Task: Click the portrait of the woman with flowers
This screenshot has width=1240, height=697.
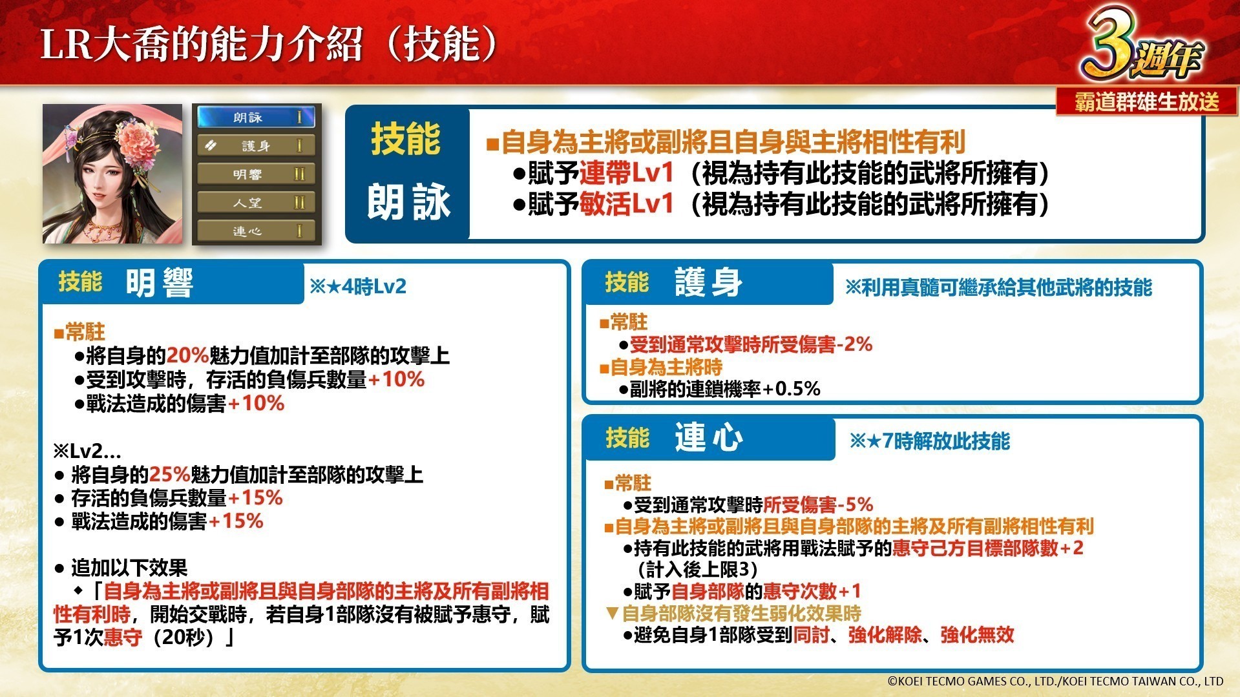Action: tap(112, 174)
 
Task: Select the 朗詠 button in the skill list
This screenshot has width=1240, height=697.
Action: tap(257, 118)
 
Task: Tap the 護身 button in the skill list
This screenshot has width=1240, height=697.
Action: tap(257, 146)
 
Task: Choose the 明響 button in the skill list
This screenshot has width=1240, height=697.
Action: tap(257, 174)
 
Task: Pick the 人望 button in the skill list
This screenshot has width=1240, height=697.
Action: tap(257, 203)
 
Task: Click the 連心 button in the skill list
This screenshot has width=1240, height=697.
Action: tap(257, 231)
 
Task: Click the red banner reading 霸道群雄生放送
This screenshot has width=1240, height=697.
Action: tap(1147, 101)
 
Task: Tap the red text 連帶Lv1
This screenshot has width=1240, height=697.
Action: tap(626, 173)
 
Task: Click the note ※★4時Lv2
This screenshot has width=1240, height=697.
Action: tap(358, 286)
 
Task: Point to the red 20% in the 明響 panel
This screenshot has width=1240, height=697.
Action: tap(187, 355)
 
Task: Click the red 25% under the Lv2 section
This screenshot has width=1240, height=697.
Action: tap(170, 475)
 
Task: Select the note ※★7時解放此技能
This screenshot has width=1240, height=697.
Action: tap(929, 441)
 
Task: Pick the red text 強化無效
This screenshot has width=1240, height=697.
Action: tap(977, 635)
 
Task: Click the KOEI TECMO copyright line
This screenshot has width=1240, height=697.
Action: tap(1055, 681)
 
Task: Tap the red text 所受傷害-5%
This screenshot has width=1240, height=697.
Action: tap(818, 505)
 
